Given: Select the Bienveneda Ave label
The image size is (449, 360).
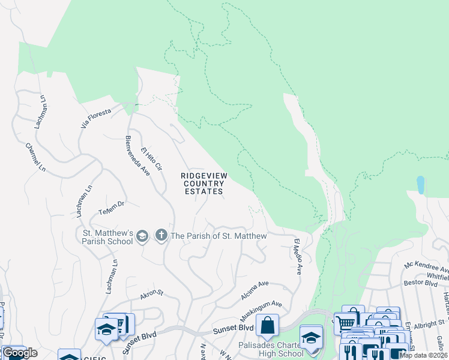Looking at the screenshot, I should pyautogui.click(x=137, y=154).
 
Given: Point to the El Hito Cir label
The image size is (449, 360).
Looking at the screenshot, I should pyautogui.click(x=152, y=159).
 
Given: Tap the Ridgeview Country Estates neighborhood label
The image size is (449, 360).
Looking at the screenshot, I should pyautogui.click(x=203, y=184).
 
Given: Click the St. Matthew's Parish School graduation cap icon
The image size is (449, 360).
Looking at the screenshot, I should pyautogui.click(x=142, y=235).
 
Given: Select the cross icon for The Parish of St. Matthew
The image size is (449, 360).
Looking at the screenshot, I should pyautogui.click(x=161, y=235).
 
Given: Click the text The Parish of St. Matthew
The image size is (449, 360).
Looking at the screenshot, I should pyautogui.click(x=219, y=236).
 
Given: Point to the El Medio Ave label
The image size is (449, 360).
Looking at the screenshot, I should pyautogui.click(x=297, y=256).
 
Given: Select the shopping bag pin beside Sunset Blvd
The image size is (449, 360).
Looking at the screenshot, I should pyautogui.click(x=267, y=325).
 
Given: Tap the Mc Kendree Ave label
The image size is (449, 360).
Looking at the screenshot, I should pyautogui.click(x=427, y=266).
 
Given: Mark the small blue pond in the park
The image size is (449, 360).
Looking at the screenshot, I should pyautogui.click(x=420, y=184).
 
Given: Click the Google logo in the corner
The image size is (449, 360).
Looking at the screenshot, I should pyautogui.click(x=20, y=353).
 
